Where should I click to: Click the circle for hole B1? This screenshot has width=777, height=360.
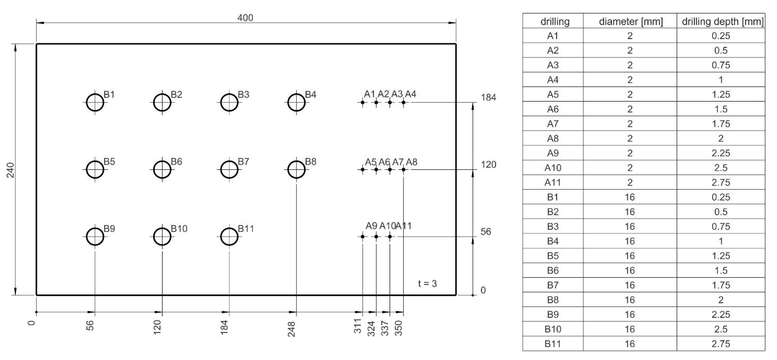coord(95,103)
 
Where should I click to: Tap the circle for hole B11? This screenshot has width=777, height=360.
coord(229,237)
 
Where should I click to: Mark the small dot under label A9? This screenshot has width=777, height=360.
coord(363,237)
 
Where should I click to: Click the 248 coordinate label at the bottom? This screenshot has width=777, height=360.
coord(291,329)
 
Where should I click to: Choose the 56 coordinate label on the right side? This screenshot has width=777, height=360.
coord(486,232)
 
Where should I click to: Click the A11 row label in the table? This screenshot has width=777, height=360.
coord(553,183)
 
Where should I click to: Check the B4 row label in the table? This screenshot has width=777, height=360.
coord(553,241)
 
